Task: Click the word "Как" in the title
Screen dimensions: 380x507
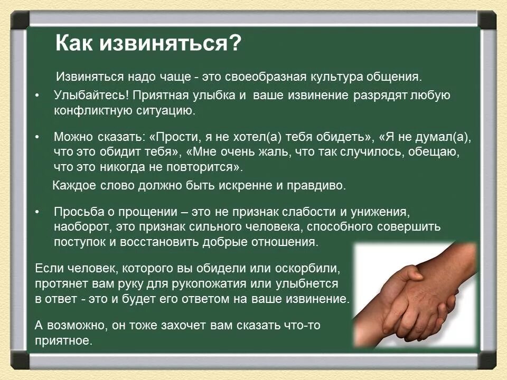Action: tap(74, 43)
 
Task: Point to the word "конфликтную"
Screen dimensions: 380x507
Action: tap(90, 111)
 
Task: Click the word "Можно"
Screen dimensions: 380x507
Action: tap(73, 137)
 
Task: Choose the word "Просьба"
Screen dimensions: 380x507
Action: tap(77, 212)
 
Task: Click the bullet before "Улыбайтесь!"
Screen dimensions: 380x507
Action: tap(37, 97)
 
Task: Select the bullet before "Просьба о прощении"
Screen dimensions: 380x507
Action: tap(37, 212)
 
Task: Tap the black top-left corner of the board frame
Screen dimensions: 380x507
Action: tap(20, 20)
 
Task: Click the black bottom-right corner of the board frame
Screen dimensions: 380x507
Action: tap(487, 360)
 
